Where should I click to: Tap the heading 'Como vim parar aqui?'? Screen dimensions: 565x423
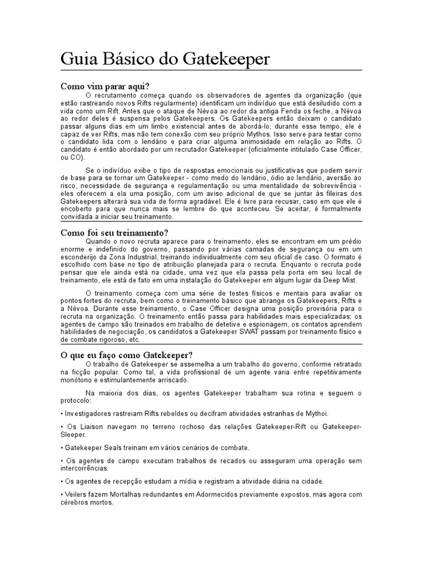[x=105, y=86]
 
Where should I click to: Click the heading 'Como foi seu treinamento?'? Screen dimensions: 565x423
[x=113, y=232]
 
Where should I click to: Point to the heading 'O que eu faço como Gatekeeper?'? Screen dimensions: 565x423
[x=126, y=354]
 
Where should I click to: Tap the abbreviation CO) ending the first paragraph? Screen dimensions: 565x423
[x=70, y=157]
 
